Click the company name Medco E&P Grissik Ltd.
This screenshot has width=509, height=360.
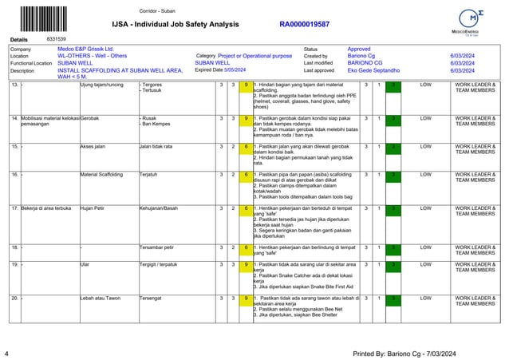click(x=86, y=49)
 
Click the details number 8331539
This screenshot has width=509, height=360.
click(x=57, y=38)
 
